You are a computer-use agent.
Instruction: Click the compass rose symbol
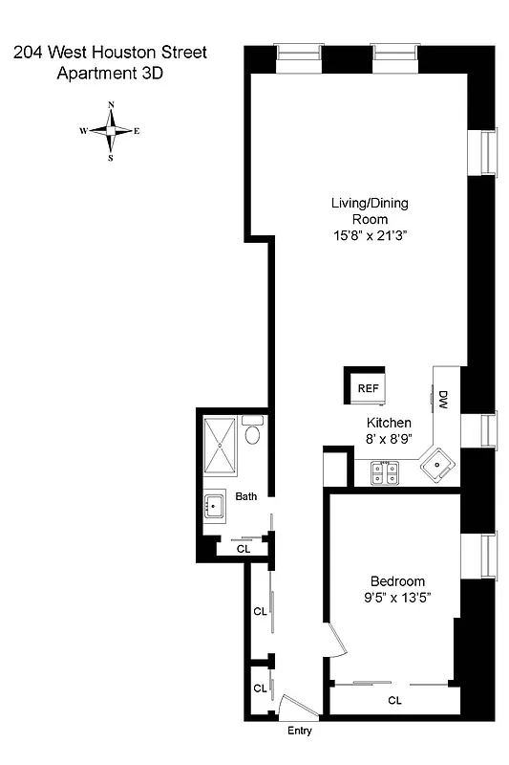point(111,132)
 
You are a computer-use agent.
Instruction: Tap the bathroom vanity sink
point(214,506)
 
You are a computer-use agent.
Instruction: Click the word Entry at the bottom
point(299,732)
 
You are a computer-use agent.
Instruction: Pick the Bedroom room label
point(397,581)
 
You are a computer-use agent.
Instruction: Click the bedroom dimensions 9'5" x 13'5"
point(397,599)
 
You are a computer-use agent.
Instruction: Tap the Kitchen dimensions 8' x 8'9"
point(389,439)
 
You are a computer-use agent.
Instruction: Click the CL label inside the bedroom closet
point(394,700)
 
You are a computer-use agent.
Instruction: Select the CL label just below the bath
point(243,549)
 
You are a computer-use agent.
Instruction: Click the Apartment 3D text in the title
point(110,72)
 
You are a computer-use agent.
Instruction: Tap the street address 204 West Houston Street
point(110,52)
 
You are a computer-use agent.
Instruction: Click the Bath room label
point(246,496)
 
